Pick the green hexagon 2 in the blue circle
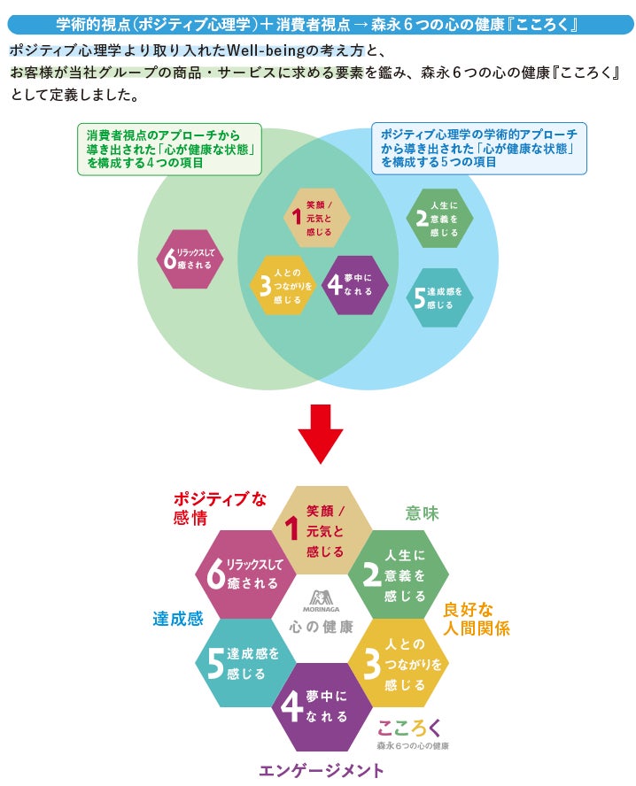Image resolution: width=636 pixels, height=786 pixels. tap(439, 219)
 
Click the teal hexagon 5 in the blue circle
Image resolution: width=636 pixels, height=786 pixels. tap(439, 298)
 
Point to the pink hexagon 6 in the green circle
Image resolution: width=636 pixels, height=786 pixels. tap(189, 259)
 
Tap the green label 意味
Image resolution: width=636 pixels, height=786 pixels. tap(422, 513)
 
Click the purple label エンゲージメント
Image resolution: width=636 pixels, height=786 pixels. tap(322, 770)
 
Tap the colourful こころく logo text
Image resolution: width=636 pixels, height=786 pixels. tap(409, 728)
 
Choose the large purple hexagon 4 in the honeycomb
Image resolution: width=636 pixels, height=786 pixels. tap(320, 706)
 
